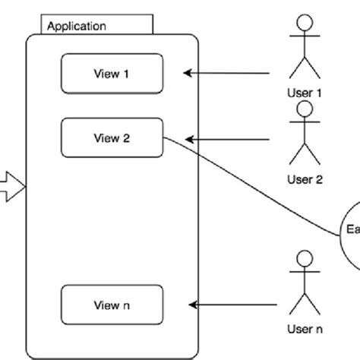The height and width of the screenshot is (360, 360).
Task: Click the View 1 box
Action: [x=112, y=73]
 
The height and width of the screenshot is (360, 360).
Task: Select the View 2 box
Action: [x=112, y=138]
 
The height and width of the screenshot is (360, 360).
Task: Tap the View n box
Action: [x=112, y=305]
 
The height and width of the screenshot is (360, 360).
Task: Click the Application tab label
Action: [x=77, y=26]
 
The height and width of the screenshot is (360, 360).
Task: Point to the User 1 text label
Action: [x=305, y=93]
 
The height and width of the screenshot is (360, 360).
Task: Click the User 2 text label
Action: [x=305, y=180]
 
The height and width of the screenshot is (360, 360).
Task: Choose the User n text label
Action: [x=305, y=329]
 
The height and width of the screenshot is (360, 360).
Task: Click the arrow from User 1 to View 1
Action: [x=228, y=74]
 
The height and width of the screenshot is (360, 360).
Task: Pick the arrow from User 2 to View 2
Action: [x=228, y=139]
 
